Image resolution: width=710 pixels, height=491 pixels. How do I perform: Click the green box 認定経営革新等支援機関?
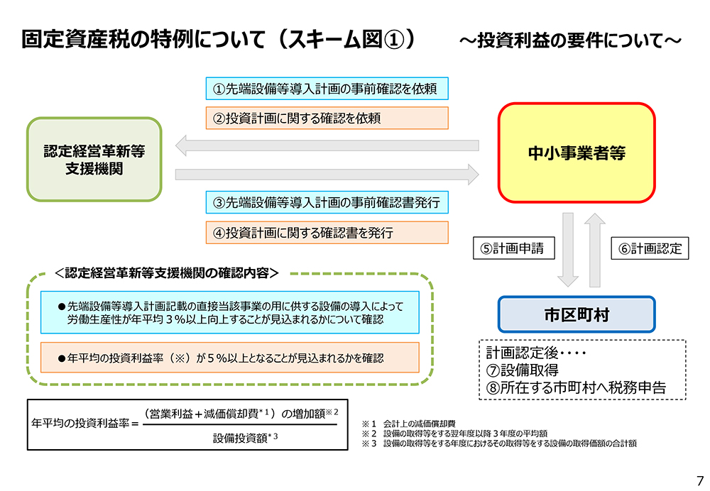[x=94, y=160]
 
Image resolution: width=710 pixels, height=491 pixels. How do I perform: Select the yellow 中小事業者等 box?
[x=577, y=153]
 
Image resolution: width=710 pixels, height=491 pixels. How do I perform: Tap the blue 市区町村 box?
[x=577, y=314]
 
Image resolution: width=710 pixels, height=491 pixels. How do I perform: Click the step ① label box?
[x=327, y=89]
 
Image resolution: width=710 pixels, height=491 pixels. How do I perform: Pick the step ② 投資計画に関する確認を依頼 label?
[x=327, y=118]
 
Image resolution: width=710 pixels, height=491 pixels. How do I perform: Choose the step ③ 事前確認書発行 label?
[x=327, y=202]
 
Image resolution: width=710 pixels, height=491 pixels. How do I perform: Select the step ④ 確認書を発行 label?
[x=327, y=233]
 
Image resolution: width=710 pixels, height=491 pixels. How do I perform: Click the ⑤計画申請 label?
[x=514, y=248]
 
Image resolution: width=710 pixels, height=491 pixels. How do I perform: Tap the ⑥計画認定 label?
[x=650, y=248]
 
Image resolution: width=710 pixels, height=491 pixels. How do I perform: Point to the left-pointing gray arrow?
[x=327, y=145]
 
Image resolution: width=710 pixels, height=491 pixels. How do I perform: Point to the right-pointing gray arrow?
[x=327, y=175]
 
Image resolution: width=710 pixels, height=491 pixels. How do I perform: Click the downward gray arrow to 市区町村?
[x=568, y=250]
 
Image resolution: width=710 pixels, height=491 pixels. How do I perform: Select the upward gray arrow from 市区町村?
[x=595, y=250]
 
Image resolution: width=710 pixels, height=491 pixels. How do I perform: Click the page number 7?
[x=700, y=480]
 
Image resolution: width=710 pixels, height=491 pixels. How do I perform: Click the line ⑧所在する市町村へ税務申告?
[x=576, y=387]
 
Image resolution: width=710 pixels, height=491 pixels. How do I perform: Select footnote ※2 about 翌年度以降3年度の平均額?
[x=454, y=434]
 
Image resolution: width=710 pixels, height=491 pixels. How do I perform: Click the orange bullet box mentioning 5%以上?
[x=229, y=358]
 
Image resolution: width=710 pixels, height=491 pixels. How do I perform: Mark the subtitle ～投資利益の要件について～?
[x=571, y=40]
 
